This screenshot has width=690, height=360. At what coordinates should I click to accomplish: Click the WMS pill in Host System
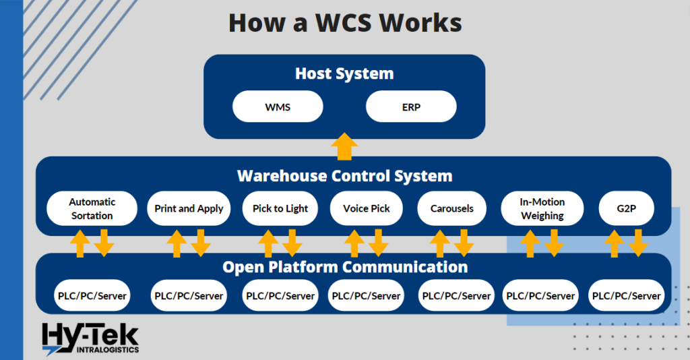(x=278, y=107)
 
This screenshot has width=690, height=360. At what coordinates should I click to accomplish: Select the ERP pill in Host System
(x=411, y=107)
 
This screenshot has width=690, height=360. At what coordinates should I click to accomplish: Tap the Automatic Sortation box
(x=92, y=209)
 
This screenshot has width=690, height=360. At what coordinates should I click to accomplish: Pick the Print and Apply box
(x=189, y=209)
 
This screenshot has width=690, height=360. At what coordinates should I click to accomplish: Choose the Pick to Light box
(x=280, y=209)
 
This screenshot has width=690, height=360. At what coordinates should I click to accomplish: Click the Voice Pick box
(x=367, y=209)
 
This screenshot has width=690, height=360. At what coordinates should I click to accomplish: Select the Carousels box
(x=452, y=209)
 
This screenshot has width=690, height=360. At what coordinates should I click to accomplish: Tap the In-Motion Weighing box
(x=542, y=209)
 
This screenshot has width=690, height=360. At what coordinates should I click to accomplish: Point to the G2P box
(x=626, y=209)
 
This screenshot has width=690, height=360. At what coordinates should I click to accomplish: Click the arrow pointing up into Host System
(x=344, y=146)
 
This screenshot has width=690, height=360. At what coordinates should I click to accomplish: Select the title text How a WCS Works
(x=345, y=23)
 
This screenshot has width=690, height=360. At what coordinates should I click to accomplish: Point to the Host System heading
(x=344, y=73)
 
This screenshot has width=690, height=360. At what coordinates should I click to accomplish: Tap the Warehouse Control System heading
(x=344, y=177)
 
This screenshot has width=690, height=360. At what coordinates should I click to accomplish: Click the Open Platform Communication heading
(x=344, y=267)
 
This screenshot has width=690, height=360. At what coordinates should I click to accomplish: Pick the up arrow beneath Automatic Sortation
(x=80, y=243)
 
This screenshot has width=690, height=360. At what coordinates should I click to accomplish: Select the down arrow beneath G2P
(x=638, y=243)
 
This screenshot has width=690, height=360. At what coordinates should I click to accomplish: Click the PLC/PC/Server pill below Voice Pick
(x=367, y=296)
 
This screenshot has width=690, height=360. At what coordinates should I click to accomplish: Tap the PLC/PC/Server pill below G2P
(x=626, y=296)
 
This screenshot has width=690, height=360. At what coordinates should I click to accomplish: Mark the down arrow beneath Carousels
(x=464, y=243)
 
